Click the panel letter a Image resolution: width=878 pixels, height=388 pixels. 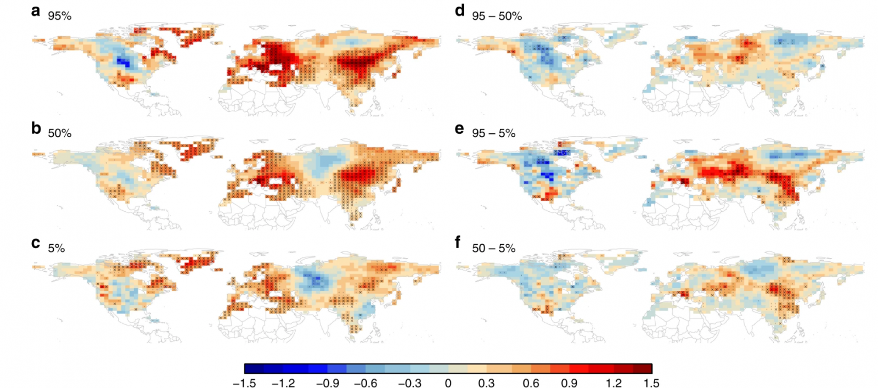click(x=36, y=10)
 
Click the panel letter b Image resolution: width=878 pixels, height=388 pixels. click(x=36, y=128)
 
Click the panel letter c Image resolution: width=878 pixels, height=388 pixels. click(x=36, y=243)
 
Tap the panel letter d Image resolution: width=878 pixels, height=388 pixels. click(x=460, y=10)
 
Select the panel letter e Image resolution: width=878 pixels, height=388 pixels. click(x=459, y=128)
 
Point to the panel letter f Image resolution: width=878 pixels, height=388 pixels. click(x=458, y=242)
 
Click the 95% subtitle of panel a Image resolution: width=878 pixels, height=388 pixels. click(x=59, y=16)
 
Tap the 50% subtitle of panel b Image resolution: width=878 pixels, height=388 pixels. click(x=59, y=133)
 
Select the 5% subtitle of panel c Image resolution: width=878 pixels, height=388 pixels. click(x=56, y=248)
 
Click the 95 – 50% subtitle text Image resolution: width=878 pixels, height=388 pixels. click(x=497, y=16)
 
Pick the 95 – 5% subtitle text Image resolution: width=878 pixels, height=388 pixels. click(x=493, y=133)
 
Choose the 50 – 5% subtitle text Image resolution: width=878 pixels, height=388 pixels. click(x=493, y=248)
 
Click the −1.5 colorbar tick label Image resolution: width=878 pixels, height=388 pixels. click(x=244, y=383)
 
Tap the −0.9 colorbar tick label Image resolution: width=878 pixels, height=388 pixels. click(x=327, y=383)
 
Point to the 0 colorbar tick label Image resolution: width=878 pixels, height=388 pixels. click(x=448, y=383)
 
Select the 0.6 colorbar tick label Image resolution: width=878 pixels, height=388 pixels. click(x=531, y=383)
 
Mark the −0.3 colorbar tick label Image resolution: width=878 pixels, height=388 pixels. click(x=409, y=383)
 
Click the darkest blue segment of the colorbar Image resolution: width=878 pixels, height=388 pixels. click(x=254, y=368)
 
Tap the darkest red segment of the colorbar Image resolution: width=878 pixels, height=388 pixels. click(x=643, y=368)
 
